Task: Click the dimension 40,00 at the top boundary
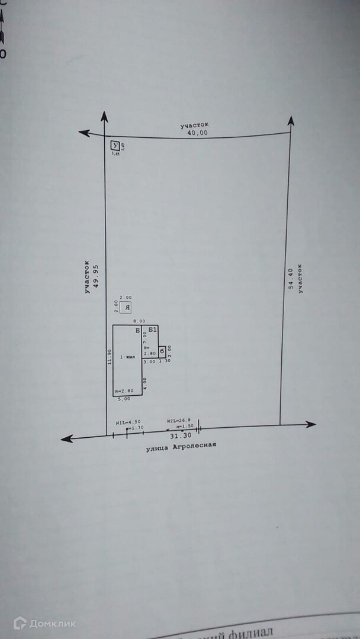pyautogui.click(x=197, y=133)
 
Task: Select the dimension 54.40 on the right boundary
pyautogui.click(x=291, y=278)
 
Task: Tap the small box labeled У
pyautogui.click(x=115, y=146)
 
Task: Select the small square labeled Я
pyautogui.click(x=126, y=308)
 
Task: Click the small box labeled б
pyautogui.click(x=162, y=351)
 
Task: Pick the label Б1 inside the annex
pyautogui.click(x=152, y=330)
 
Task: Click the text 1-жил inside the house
pyautogui.click(x=127, y=357)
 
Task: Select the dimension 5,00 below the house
pyautogui.click(x=125, y=399)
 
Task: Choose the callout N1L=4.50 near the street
pyautogui.click(x=124, y=422)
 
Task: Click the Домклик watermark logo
pyautogui.click(x=44, y=623)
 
